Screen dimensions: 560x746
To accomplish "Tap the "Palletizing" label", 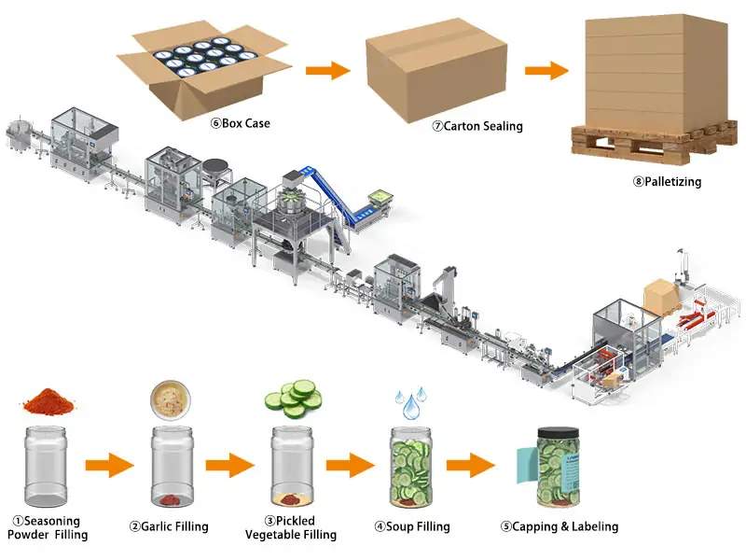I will [667, 182].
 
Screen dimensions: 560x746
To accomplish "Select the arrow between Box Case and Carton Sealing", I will [327, 70].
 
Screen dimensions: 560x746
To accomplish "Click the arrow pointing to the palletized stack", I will [546, 70].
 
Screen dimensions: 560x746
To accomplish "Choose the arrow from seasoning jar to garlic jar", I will [108, 464].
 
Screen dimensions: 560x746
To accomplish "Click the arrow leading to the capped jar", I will [472, 464].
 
